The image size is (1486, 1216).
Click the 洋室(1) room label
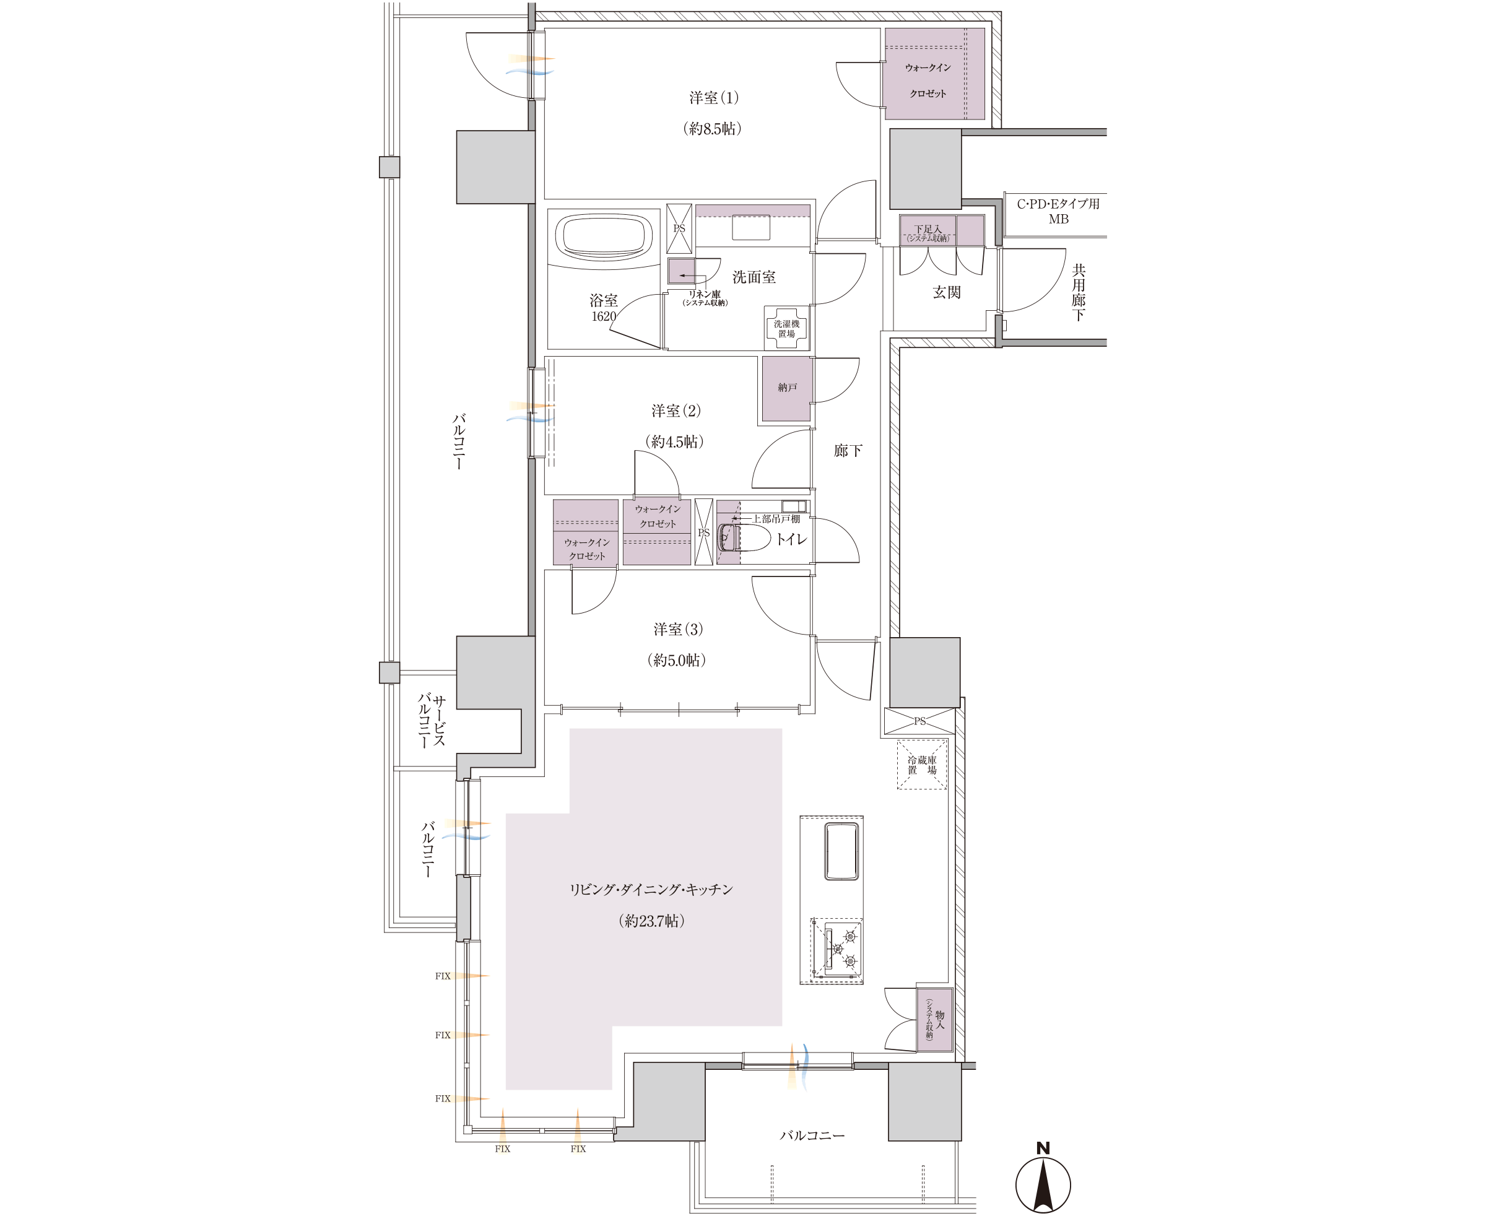[713, 98]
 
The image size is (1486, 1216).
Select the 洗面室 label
[754, 277]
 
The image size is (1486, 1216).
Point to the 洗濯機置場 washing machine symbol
[787, 329]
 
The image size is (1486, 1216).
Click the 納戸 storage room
[787, 389]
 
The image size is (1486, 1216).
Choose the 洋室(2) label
[676, 411]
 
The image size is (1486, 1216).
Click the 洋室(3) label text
[678, 630]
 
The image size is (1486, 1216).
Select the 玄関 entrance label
[947, 293]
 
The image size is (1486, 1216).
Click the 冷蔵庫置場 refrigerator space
[922, 765]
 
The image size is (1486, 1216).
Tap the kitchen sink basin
[841, 851]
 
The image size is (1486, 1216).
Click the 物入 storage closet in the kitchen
[934, 1020]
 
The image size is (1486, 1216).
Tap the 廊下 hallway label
[848, 451]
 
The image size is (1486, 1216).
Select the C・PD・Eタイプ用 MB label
[1058, 212]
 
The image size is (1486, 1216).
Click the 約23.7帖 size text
[651, 921]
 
